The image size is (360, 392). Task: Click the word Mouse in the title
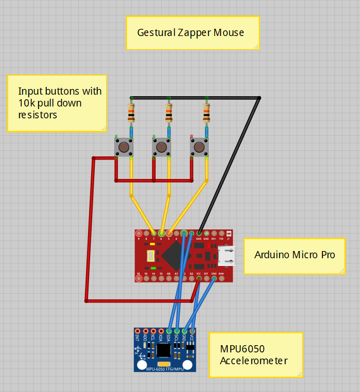point(230,33)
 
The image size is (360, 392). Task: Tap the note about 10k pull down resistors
point(57,103)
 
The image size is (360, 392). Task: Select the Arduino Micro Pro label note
point(294,255)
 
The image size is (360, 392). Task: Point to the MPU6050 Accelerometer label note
point(255,355)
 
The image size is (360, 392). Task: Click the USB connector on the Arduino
point(226,256)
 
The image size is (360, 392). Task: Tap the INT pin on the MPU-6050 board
point(138,331)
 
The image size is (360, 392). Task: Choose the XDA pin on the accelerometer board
point(161,331)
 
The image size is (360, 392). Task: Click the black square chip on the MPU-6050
point(164,350)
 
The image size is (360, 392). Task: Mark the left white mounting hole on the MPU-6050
point(143,365)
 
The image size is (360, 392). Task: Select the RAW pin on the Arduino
point(221,278)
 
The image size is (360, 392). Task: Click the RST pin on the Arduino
point(207,278)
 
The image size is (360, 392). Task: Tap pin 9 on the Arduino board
point(139,234)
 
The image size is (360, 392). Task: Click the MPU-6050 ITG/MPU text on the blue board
point(165,369)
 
